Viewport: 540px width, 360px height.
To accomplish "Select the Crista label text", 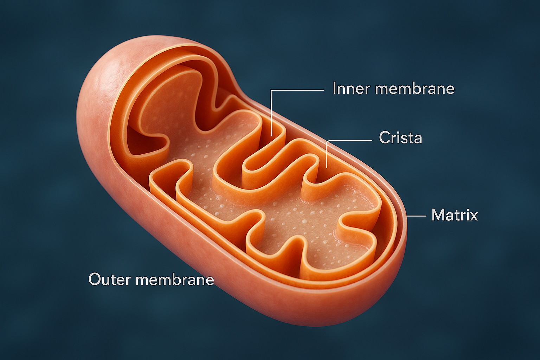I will point(400,137).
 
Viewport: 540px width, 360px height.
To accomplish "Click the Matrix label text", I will point(455,215).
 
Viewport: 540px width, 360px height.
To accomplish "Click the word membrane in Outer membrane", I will point(175,280).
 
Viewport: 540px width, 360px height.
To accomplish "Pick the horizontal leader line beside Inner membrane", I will point(299,90).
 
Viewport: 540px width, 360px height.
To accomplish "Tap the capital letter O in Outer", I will point(95,279).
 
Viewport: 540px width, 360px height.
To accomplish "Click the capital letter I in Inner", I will point(334,88).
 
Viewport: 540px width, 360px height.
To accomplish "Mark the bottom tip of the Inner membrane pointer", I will point(271,135).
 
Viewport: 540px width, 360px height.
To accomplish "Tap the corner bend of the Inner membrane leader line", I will point(272,91).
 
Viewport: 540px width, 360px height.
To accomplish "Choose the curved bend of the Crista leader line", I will point(328,142).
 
